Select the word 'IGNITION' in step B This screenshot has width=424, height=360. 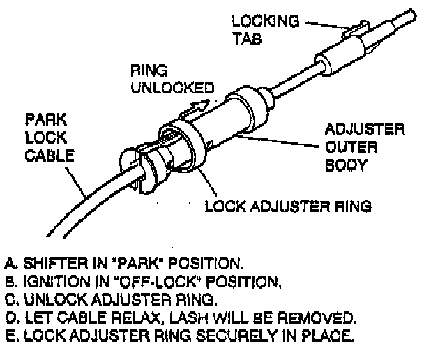tap(44, 282)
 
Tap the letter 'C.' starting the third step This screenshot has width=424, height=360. tap(10, 300)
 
